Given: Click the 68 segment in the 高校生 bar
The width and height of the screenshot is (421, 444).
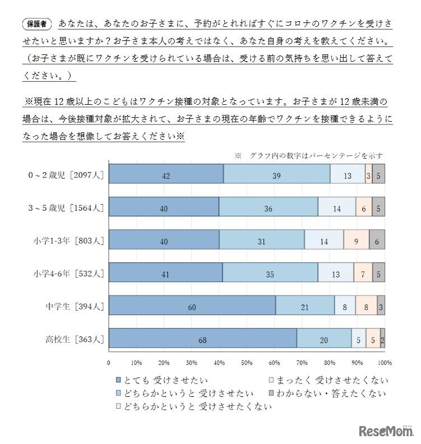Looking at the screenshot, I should pyautogui.click(x=202, y=339).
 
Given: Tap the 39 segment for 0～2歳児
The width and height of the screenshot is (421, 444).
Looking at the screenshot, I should pyautogui.click(x=277, y=175).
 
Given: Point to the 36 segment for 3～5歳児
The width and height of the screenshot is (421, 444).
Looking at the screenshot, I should pyautogui.click(x=269, y=208).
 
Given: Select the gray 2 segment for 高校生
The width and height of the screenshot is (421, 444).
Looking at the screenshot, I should pyautogui.click(x=382, y=339).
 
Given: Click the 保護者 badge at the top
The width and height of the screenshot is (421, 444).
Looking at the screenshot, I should pyautogui.click(x=37, y=24).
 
